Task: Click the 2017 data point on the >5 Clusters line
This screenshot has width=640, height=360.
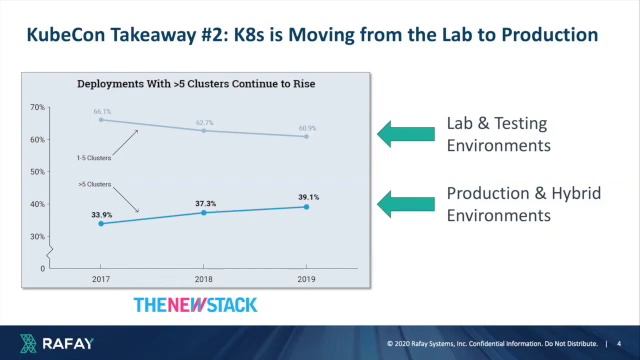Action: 101,223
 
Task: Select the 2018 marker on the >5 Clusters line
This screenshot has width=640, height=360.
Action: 204,212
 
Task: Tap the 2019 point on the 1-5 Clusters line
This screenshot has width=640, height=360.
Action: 306,136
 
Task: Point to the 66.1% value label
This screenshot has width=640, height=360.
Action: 102,112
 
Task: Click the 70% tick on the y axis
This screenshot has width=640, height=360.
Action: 38,107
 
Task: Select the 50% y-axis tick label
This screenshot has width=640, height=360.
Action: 38,172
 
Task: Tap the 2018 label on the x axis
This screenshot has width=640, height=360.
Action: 204,279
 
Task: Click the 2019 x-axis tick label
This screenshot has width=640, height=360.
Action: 306,279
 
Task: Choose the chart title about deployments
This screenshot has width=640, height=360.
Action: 196,84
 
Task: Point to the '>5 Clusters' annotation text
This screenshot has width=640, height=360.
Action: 95,184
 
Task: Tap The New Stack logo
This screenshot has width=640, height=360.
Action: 195,304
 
